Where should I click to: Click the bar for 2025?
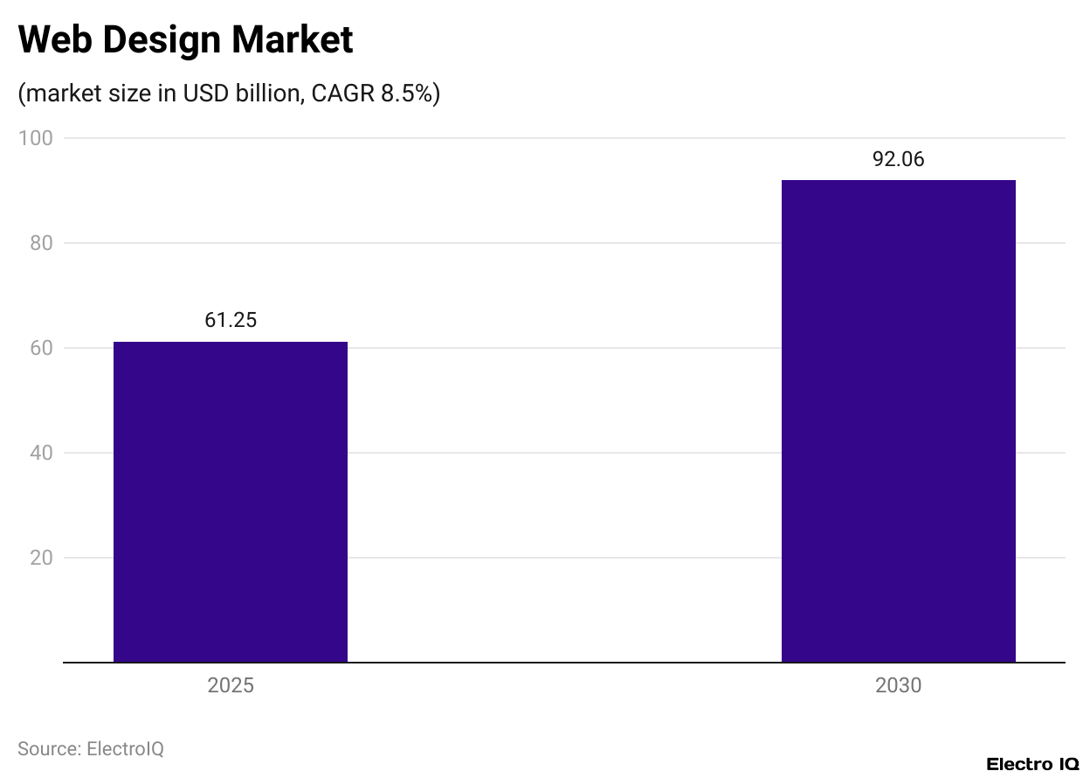231,502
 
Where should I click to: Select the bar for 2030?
898,421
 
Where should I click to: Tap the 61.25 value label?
231,321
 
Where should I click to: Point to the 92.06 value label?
898,159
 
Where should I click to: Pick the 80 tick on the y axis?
41,243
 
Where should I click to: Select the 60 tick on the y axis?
41,348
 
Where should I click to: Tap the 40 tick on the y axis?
41,453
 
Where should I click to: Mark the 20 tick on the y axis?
41,558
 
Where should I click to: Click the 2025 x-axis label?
231,685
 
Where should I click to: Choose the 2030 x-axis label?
898,685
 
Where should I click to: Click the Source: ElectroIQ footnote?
91,749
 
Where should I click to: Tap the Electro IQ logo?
1032,764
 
